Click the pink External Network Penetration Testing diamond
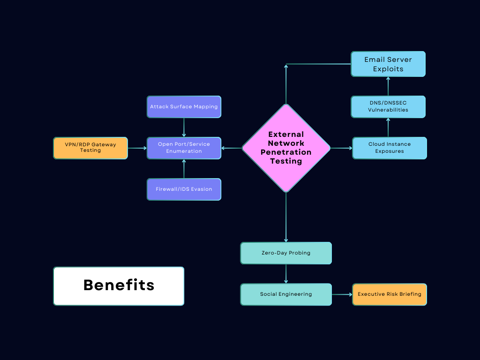click(286, 148)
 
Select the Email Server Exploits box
click(388, 64)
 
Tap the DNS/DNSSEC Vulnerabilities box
click(388, 106)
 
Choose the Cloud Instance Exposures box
click(389, 148)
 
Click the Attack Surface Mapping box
click(184, 106)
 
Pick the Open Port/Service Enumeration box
click(184, 148)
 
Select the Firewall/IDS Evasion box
click(184, 189)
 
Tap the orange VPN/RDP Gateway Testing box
click(90, 148)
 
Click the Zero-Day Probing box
click(286, 253)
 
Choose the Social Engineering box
click(286, 294)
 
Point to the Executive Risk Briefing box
click(390, 294)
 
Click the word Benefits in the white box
click(119, 285)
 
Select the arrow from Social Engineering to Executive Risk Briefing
click(342, 294)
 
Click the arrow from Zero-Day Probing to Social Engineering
click(286, 274)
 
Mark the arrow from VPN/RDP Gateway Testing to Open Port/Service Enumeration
click(137, 148)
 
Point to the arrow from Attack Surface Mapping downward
click(184, 127)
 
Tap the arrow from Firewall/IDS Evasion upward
click(184, 169)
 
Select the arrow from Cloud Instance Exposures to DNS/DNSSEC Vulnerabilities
click(388, 127)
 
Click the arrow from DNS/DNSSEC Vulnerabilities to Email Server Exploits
click(388, 86)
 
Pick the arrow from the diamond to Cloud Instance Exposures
click(341, 148)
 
